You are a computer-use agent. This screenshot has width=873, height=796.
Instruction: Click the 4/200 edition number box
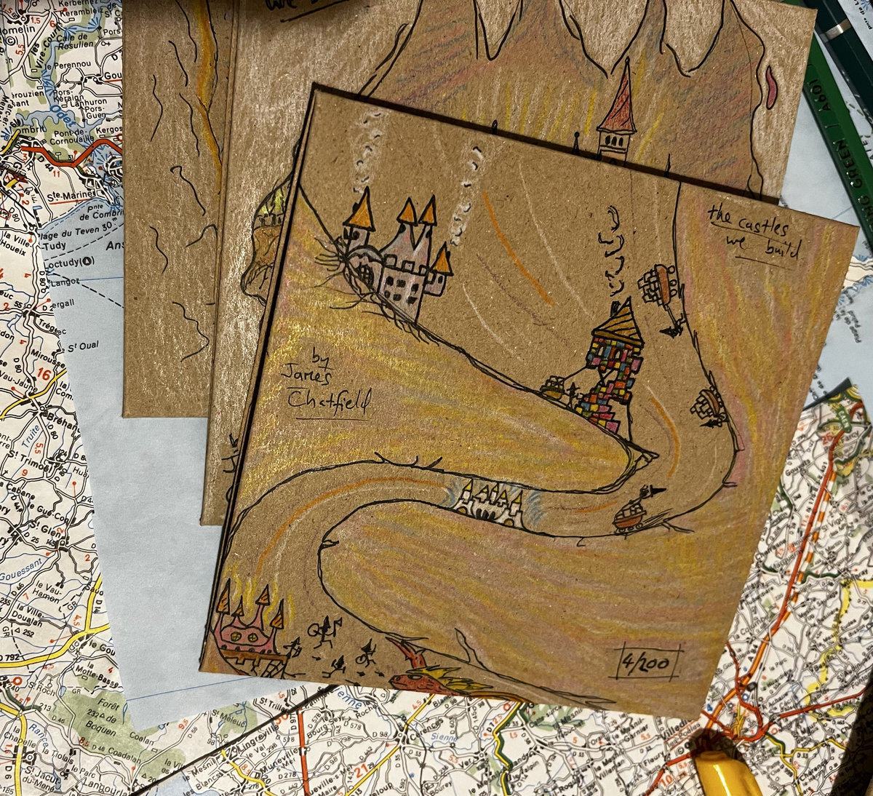click(647, 663)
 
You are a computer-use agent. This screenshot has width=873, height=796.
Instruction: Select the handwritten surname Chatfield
click(328, 399)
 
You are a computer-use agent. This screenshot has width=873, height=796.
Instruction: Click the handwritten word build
click(781, 250)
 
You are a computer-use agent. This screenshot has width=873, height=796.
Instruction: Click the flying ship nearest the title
click(661, 284)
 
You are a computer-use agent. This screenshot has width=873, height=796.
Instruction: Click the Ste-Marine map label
click(68, 196)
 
